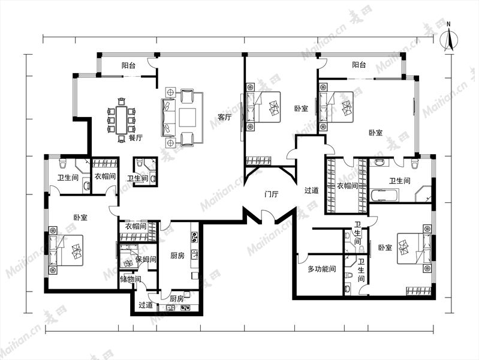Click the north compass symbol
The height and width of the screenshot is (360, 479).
click(449, 40)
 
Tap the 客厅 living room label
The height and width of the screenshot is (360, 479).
click(225, 117)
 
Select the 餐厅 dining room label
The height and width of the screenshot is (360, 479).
click(135, 137)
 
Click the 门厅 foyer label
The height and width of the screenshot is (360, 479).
click(271, 194)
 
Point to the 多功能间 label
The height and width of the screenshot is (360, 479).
click(322, 269)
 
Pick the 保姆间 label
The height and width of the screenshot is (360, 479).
click(146, 260)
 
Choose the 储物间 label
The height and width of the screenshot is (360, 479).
click(131, 279)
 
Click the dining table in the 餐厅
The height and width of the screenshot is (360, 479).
click(121, 120)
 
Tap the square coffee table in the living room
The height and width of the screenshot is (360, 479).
click(187, 118)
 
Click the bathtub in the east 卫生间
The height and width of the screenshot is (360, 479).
click(385, 195)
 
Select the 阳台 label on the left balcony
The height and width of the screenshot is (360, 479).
click(129, 65)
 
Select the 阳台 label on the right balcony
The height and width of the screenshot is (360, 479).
click(359, 65)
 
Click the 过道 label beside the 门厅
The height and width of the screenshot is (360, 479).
click(312, 191)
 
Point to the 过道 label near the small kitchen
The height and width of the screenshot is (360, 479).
click(146, 305)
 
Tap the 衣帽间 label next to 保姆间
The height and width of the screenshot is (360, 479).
click(136, 226)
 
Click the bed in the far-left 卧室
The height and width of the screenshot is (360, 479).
click(66, 250)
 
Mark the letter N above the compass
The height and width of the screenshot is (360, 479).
click(448, 24)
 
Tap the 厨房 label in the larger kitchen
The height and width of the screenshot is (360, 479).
click(177, 256)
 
